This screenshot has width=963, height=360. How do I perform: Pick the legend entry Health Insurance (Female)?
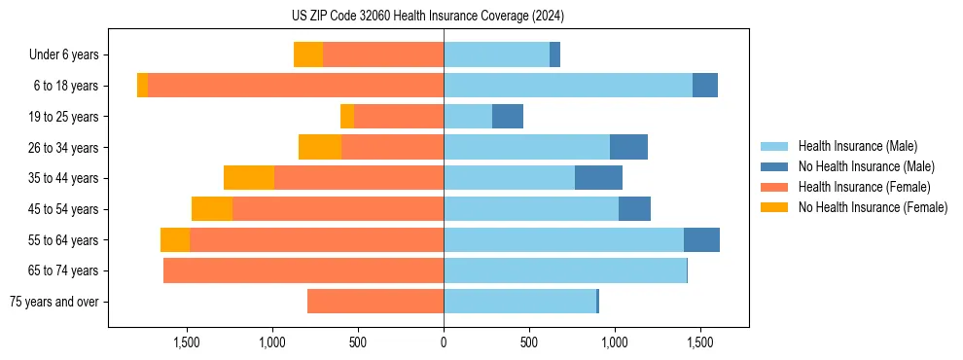[864, 187]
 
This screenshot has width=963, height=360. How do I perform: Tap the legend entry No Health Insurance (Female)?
[873, 207]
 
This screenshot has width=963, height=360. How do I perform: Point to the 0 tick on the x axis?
[444, 342]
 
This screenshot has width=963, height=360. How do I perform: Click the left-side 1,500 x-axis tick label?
[187, 342]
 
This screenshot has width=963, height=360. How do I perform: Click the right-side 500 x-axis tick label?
[529, 342]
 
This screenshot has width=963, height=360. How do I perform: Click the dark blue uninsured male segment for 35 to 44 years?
[598, 178]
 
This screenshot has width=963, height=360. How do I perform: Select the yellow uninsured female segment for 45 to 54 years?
[212, 209]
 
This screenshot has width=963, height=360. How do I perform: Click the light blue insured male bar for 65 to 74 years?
[565, 270]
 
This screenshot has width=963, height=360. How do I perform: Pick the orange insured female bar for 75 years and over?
[375, 302]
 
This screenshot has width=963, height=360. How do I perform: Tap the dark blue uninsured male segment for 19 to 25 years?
[508, 117]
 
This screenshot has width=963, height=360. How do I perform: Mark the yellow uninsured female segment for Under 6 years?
[308, 55]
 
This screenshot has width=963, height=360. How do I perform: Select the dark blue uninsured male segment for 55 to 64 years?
[701, 239]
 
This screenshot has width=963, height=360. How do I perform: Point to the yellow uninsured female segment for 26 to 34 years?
[320, 147]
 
